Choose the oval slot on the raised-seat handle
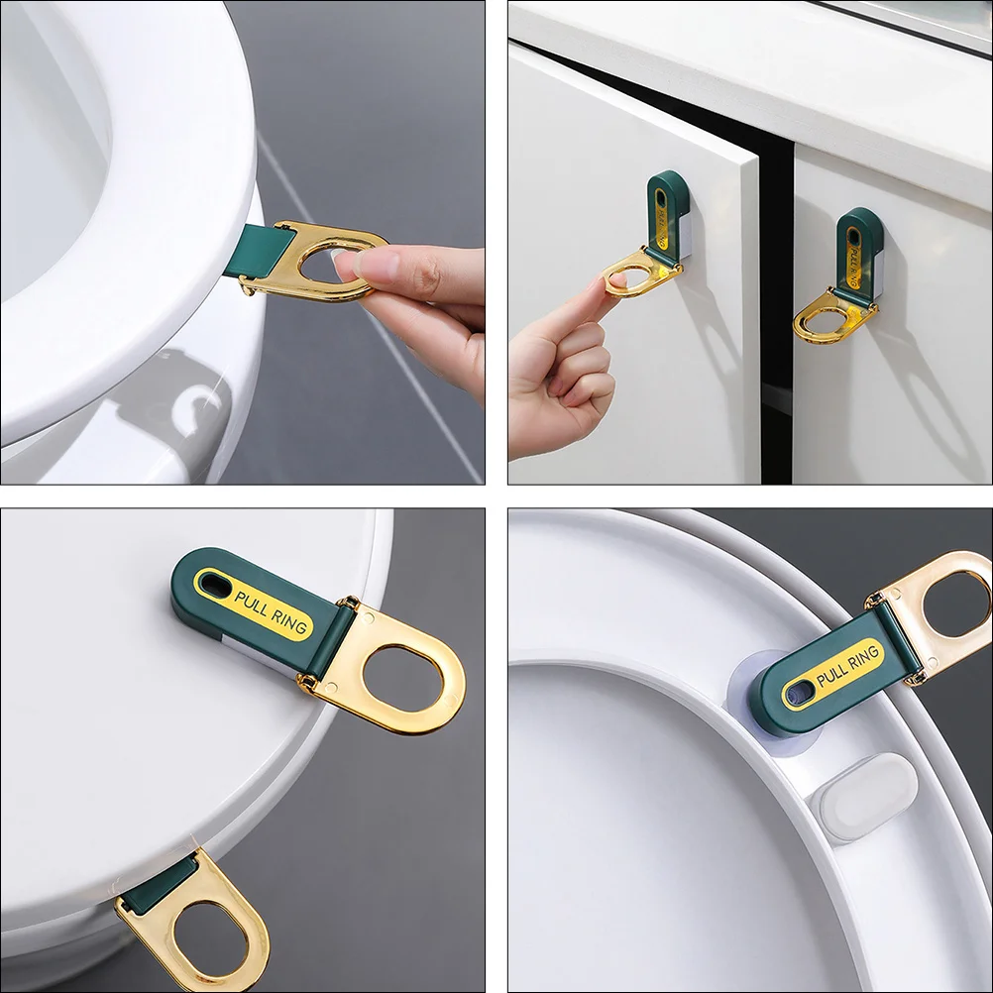[x=798, y=692]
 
